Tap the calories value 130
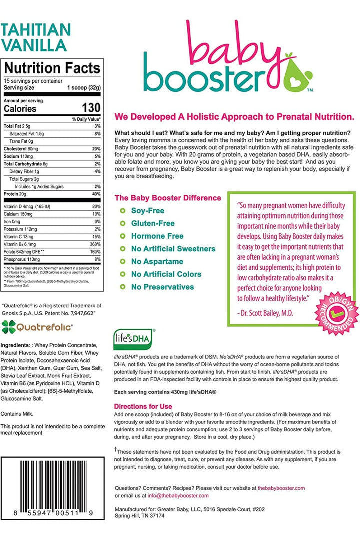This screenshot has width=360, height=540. [x=91, y=108]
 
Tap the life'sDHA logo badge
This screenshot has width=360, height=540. [x=133, y=339]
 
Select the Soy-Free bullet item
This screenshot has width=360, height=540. [x=147, y=211]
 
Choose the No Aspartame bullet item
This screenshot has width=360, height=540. [x=157, y=261]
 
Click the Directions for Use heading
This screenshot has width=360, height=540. [x=143, y=406]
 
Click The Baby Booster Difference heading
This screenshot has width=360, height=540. [x=168, y=198]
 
